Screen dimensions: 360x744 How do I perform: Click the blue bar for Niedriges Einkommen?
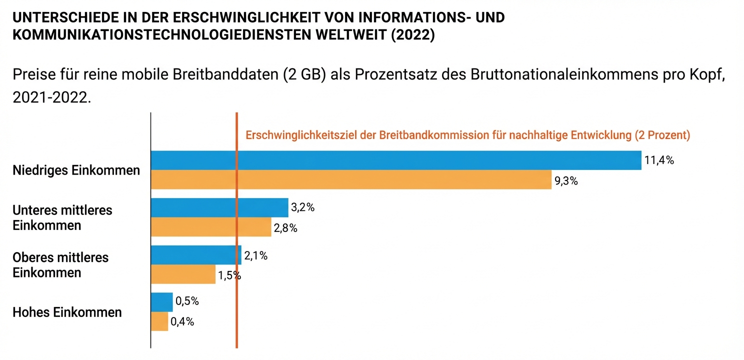(395, 160)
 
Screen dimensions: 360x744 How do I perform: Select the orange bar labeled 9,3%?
(350, 179)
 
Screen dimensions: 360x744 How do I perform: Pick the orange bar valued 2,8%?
(210, 227)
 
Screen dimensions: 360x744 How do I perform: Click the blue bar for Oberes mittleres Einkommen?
(195, 255)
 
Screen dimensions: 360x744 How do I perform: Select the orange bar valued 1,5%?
(183, 274)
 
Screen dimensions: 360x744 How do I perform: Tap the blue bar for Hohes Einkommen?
(161, 302)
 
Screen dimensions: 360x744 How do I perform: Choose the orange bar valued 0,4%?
(159, 321)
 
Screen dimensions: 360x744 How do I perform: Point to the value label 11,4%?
(659, 161)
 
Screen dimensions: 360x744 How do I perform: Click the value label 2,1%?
(256, 256)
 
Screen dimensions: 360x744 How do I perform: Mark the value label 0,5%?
(187, 301)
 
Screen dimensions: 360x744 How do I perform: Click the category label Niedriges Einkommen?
(76, 170)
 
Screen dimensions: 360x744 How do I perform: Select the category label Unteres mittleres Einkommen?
(62, 217)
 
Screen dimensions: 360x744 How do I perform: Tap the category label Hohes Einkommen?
(67, 312)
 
